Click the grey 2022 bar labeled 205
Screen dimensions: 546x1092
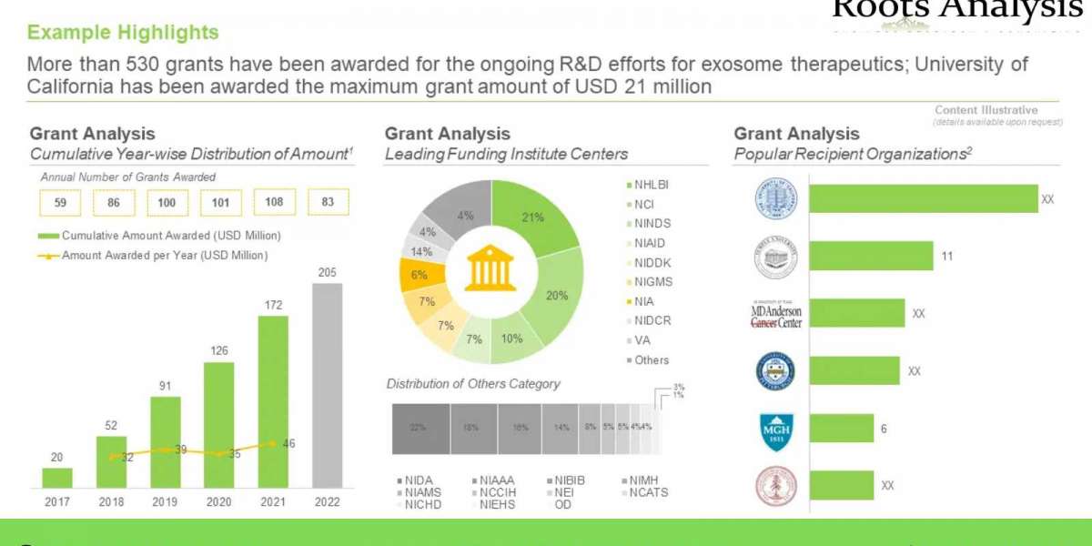click(x=327, y=385)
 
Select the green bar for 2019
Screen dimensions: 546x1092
click(x=166, y=441)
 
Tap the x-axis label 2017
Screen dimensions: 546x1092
click(x=56, y=501)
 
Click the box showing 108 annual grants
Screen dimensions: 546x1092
click(x=274, y=203)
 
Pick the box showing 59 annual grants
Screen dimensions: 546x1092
click(x=60, y=203)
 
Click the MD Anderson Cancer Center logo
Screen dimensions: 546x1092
click(x=775, y=314)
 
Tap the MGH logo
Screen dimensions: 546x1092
click(x=775, y=430)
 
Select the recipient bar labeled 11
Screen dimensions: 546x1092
click(x=871, y=256)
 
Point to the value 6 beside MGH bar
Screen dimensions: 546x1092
click(x=883, y=430)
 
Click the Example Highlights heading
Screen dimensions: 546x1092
click(x=123, y=33)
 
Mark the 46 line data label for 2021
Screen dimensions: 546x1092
click(x=288, y=444)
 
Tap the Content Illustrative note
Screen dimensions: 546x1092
click(x=998, y=110)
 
